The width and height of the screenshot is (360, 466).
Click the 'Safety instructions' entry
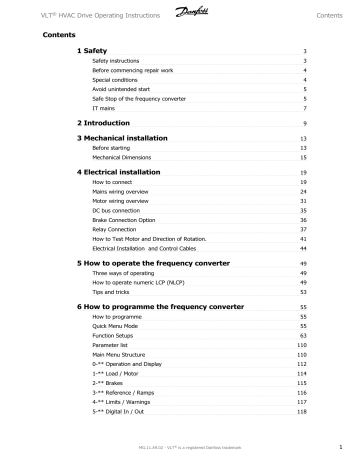pos(118,61)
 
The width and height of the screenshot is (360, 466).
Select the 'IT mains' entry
pos(102,106)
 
